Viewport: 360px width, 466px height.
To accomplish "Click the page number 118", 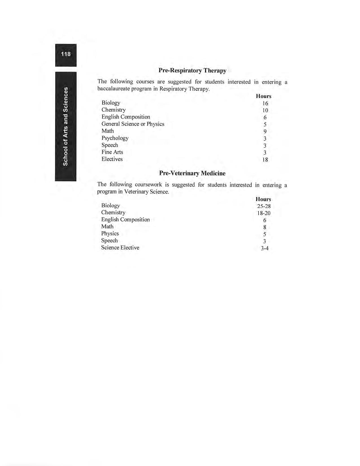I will (66, 54).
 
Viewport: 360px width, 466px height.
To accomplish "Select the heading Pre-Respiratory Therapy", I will (192, 70).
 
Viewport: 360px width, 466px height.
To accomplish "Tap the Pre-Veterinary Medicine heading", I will (192, 173).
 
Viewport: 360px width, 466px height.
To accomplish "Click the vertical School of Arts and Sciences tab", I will (66, 126).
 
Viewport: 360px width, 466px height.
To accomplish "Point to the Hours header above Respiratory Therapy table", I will (263, 96).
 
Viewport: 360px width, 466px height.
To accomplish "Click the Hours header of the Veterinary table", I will (263, 199).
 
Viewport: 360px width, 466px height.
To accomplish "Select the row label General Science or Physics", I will (133, 124).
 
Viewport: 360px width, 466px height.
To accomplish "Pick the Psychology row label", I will (115, 138).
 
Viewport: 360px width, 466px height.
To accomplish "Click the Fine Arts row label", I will (112, 152).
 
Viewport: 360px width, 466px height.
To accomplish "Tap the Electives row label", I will (112, 159).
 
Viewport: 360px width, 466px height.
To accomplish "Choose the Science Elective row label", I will (120, 247).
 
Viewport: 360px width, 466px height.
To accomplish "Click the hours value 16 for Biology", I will (265, 103).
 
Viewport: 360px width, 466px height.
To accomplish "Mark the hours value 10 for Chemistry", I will (265, 110).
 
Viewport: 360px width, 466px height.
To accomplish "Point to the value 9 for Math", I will (265, 131).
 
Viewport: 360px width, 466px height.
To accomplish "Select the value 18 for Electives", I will (265, 160).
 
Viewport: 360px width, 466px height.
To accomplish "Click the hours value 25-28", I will (264, 206).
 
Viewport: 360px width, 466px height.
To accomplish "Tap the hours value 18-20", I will (264, 213).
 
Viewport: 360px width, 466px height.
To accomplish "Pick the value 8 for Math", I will (265, 227).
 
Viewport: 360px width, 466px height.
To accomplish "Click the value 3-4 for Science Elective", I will (265, 248).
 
